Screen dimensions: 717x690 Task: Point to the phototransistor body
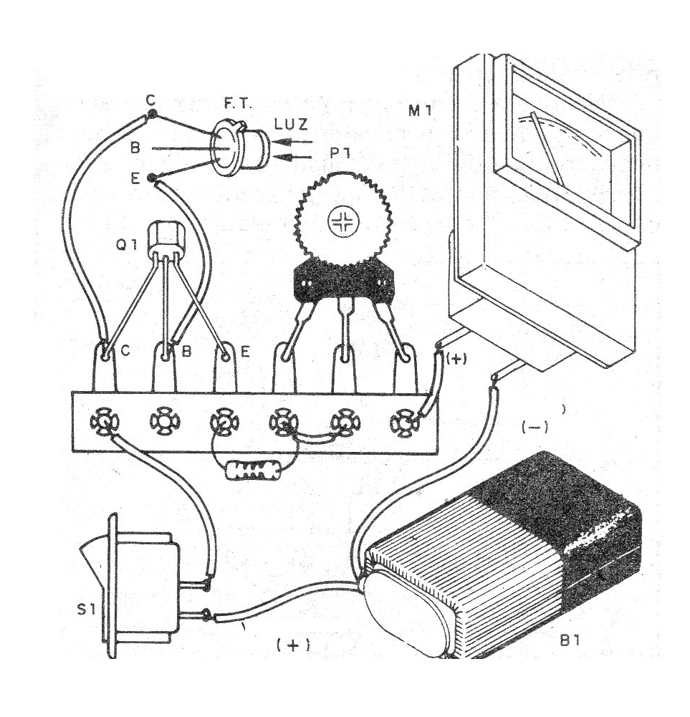244,148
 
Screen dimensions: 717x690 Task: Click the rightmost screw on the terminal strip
405,423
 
